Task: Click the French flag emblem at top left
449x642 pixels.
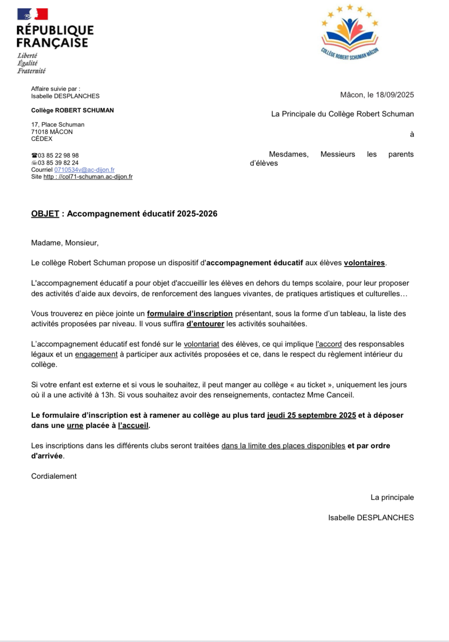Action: pyautogui.click(x=33, y=14)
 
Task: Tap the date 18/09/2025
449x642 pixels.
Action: pyautogui.click(x=395, y=95)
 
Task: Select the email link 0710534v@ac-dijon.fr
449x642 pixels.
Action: pyautogui.click(x=84, y=170)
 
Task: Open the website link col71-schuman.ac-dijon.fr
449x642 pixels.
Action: pyautogui.click(x=88, y=176)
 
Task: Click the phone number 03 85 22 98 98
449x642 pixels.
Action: pyautogui.click(x=58, y=155)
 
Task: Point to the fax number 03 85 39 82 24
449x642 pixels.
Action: pyautogui.click(x=58, y=163)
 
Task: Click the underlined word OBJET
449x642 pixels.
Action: pyautogui.click(x=45, y=213)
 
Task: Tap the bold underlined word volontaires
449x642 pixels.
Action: pyautogui.click(x=364, y=263)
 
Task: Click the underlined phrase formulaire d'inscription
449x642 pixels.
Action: pyautogui.click(x=190, y=313)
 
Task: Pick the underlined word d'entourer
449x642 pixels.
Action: pyautogui.click(x=205, y=324)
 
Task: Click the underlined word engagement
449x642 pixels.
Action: pyautogui.click(x=96, y=354)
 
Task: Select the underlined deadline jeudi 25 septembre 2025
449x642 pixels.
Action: pyautogui.click(x=311, y=415)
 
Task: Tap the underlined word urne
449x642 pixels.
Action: pyautogui.click(x=75, y=425)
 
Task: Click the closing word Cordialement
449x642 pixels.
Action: pyautogui.click(x=54, y=476)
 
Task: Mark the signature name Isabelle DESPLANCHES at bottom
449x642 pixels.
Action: pyautogui.click(x=371, y=518)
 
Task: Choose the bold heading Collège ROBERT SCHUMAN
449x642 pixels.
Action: pyautogui.click(x=72, y=110)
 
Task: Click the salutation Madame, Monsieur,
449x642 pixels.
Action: pyautogui.click(x=65, y=243)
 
